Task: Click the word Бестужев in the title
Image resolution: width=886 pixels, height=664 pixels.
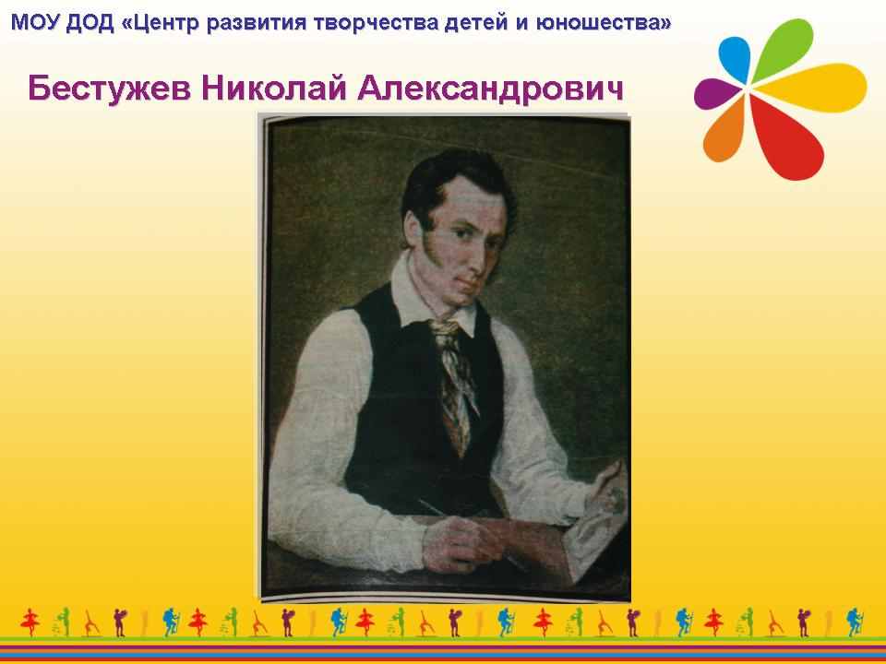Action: click(110, 89)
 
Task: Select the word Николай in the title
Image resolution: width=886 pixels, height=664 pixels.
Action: click(274, 88)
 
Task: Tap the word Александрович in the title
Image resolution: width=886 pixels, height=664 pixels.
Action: click(490, 89)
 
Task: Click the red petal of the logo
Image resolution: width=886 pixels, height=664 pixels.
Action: click(788, 138)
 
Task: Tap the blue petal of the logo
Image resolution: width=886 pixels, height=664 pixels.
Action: click(736, 58)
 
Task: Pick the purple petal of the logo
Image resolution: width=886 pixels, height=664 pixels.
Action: click(716, 93)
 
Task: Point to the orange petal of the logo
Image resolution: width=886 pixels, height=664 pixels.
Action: click(725, 131)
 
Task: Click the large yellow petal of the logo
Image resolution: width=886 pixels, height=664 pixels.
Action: click(811, 88)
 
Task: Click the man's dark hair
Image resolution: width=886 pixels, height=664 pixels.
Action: click(452, 181)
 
